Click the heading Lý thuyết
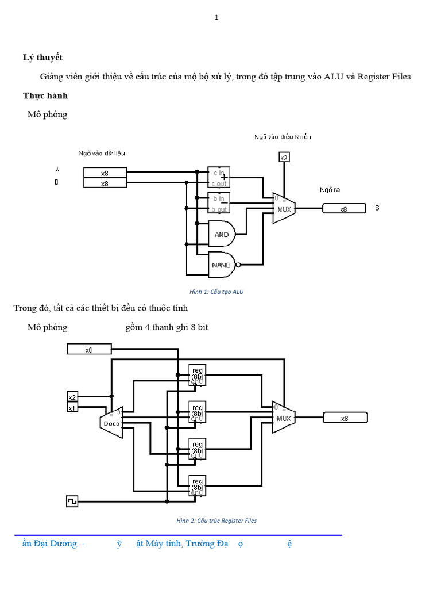click(42, 58)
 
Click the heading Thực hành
click(45, 95)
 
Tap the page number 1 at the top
click(216, 18)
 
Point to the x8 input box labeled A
click(105, 173)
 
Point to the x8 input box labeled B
click(105, 183)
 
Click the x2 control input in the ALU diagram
click(284, 158)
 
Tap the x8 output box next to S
click(343, 209)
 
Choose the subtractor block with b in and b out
click(219, 203)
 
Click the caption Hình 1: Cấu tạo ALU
click(216, 292)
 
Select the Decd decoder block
click(111, 423)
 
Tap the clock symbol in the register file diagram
click(72, 502)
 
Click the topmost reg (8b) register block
click(197, 374)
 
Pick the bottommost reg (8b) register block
click(197, 485)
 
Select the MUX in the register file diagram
click(284, 418)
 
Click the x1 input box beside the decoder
click(72, 408)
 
